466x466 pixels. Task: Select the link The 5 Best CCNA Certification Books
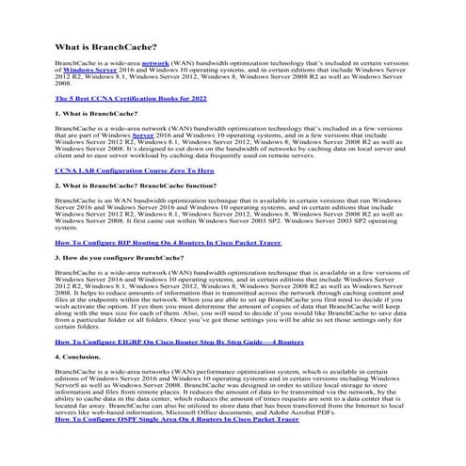131,97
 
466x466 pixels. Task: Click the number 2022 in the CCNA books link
197,97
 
